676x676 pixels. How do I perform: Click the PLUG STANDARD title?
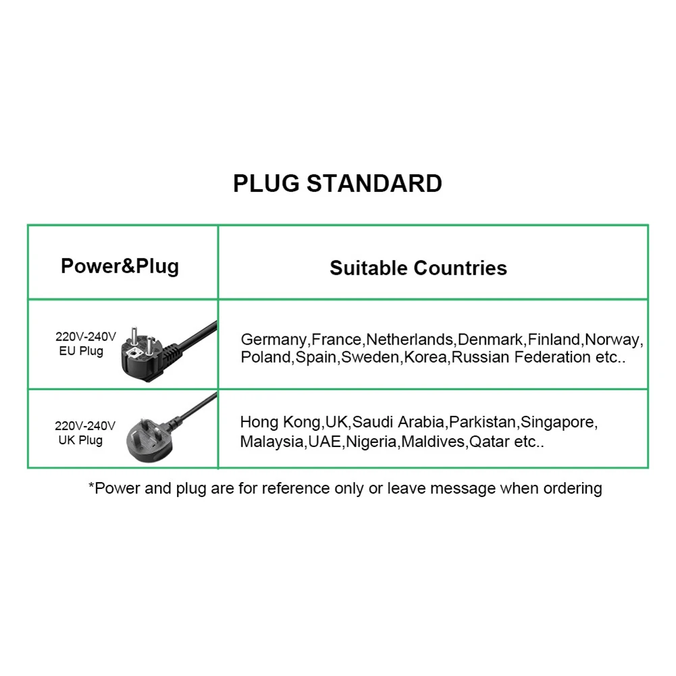click(x=338, y=184)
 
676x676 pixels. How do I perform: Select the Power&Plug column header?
click(x=120, y=265)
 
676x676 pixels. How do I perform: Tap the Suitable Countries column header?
click(x=418, y=268)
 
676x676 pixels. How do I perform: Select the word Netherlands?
click(x=410, y=339)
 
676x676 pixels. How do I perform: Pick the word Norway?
click(x=613, y=340)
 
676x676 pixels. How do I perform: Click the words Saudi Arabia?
click(x=398, y=423)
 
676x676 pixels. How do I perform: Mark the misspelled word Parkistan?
click(x=483, y=423)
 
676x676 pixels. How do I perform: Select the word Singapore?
click(x=559, y=423)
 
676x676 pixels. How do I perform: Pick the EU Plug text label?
click(x=81, y=351)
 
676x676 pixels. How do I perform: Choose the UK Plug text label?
click(x=80, y=440)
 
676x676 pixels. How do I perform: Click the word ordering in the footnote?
click(x=572, y=488)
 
